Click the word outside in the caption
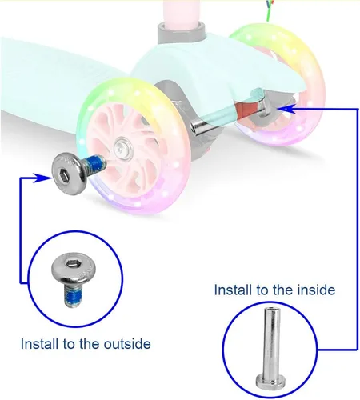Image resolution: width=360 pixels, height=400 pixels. point(127,344)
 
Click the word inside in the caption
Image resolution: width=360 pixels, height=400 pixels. point(316,290)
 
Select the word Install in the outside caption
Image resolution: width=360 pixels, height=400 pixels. point(40,344)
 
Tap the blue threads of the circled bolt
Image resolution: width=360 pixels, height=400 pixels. point(72,296)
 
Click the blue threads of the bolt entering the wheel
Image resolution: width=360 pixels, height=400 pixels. point(94,163)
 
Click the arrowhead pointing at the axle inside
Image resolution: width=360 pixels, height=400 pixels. point(286,109)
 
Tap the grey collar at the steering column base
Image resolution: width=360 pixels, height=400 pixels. point(182,33)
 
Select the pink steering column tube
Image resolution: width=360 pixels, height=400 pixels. point(182,12)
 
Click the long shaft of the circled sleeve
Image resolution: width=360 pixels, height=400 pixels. point(271,342)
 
